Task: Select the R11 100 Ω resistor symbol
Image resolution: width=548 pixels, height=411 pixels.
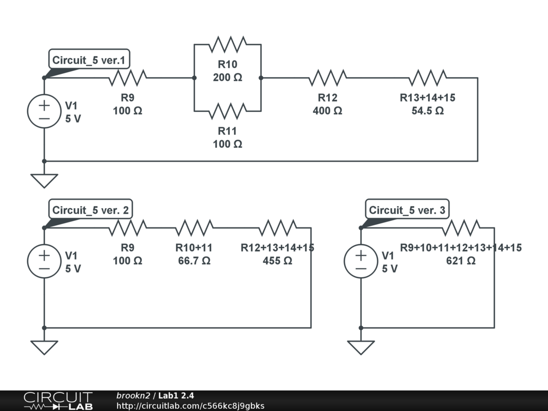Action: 227,111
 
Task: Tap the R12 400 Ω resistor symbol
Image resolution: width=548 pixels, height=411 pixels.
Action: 327,78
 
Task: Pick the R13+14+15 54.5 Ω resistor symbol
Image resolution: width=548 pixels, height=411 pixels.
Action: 427,78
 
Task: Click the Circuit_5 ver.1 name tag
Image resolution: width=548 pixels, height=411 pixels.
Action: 89,60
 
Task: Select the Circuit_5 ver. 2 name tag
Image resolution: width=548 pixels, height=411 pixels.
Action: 90,210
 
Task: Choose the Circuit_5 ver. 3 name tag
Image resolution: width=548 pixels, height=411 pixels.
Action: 407,210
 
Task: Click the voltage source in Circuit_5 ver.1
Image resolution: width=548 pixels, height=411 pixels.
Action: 44,111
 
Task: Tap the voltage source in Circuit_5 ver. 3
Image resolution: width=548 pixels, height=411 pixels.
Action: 361,261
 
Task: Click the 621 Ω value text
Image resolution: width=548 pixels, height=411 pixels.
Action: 461,261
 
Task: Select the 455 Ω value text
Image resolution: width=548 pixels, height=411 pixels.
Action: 277,261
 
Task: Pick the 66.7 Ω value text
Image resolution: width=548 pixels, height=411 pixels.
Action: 194,261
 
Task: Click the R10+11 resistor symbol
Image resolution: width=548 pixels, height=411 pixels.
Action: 194,227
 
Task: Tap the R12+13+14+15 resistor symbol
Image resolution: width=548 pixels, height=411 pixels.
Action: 277,227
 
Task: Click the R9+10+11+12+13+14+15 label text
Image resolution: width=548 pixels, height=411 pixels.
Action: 461,248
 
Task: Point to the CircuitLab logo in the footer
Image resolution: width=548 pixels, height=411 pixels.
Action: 58,401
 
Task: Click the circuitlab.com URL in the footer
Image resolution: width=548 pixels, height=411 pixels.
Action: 190,406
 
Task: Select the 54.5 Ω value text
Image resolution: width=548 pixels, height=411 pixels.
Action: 428,111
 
